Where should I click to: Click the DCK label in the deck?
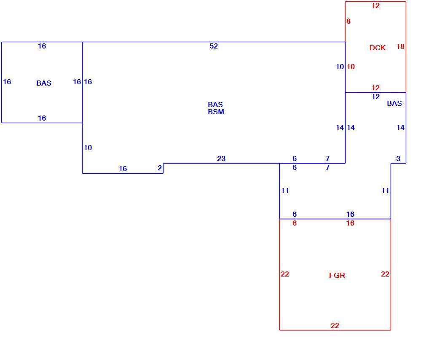tap(378, 48)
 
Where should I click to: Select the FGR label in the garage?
tap(337, 275)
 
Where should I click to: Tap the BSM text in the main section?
tap(216, 112)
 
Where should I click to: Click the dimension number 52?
tap(214, 46)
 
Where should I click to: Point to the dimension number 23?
tap(221, 159)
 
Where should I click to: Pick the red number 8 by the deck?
tap(348, 21)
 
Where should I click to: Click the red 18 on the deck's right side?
tap(401, 46)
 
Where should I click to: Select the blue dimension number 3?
tap(398, 159)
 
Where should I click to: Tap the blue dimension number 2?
tap(160, 168)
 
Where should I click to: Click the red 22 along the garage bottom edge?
tap(335, 325)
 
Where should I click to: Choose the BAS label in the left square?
tap(44, 83)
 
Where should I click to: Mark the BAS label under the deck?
tap(394, 103)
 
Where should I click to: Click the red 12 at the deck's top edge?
tap(375, 5)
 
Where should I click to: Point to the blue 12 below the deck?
tap(375, 97)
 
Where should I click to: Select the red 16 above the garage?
tap(351, 223)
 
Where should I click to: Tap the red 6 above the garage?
tap(295, 223)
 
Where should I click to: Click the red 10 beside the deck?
tap(351, 67)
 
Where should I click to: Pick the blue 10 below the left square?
tap(88, 148)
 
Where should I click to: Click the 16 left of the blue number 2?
tap(123, 169)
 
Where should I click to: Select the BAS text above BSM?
tap(215, 105)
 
